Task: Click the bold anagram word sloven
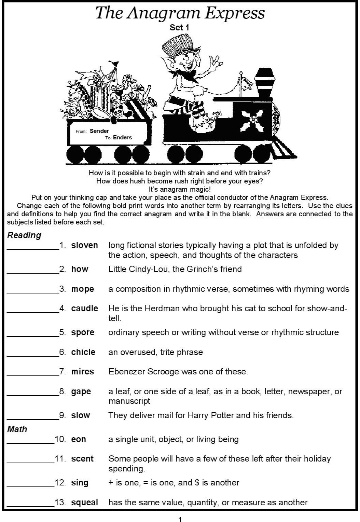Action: coord(84,245)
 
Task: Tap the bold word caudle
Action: coord(84,308)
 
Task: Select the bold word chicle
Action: coord(83,352)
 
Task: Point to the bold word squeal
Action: coord(84,503)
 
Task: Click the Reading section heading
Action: coord(24,235)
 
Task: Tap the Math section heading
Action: coord(17,429)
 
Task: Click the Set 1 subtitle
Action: coord(179,28)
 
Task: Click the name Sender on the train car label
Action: coord(99,131)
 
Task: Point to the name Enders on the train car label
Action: coord(122,138)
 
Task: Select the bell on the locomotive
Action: coord(247,84)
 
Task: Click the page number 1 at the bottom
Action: coord(180,519)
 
